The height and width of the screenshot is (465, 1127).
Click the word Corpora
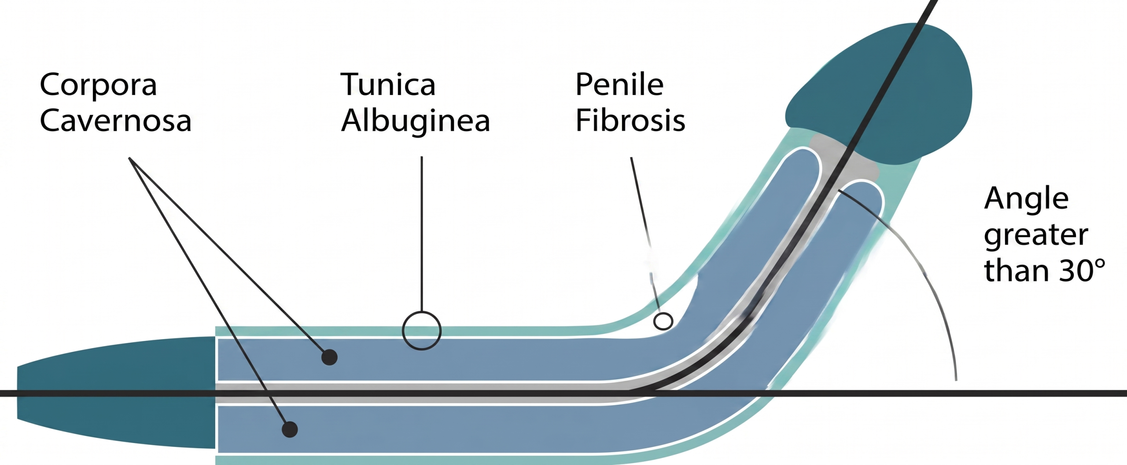(98, 85)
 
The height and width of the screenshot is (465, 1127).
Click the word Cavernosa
(115, 121)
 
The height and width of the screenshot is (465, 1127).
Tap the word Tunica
(388, 84)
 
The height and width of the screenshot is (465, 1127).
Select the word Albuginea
(415, 121)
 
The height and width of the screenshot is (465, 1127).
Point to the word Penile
(619, 84)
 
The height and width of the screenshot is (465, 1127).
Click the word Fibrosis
(630, 121)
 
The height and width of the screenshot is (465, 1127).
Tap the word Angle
(1026, 199)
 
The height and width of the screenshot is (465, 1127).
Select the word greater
(1036, 236)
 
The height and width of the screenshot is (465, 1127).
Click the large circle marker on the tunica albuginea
(421, 330)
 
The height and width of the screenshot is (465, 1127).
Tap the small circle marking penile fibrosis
(663, 321)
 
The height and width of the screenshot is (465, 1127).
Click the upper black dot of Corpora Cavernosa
(329, 357)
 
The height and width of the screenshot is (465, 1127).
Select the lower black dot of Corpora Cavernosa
(290, 429)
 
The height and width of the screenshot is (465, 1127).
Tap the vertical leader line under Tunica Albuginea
(422, 233)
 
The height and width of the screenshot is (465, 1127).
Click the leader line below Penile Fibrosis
(643, 220)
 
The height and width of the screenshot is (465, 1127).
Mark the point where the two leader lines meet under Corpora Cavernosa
(129, 159)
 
